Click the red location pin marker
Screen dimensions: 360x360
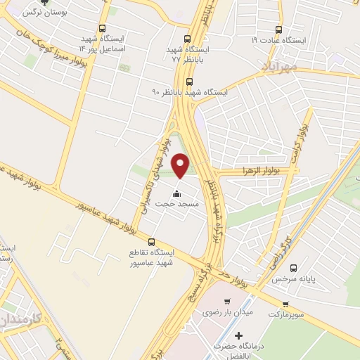coord(181,165)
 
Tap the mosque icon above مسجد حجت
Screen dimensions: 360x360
coord(176,194)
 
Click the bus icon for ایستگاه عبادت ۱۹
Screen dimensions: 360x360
coord(280,30)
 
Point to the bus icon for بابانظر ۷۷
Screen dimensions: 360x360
coord(186,39)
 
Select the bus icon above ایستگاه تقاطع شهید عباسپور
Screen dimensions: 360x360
coord(150,243)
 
